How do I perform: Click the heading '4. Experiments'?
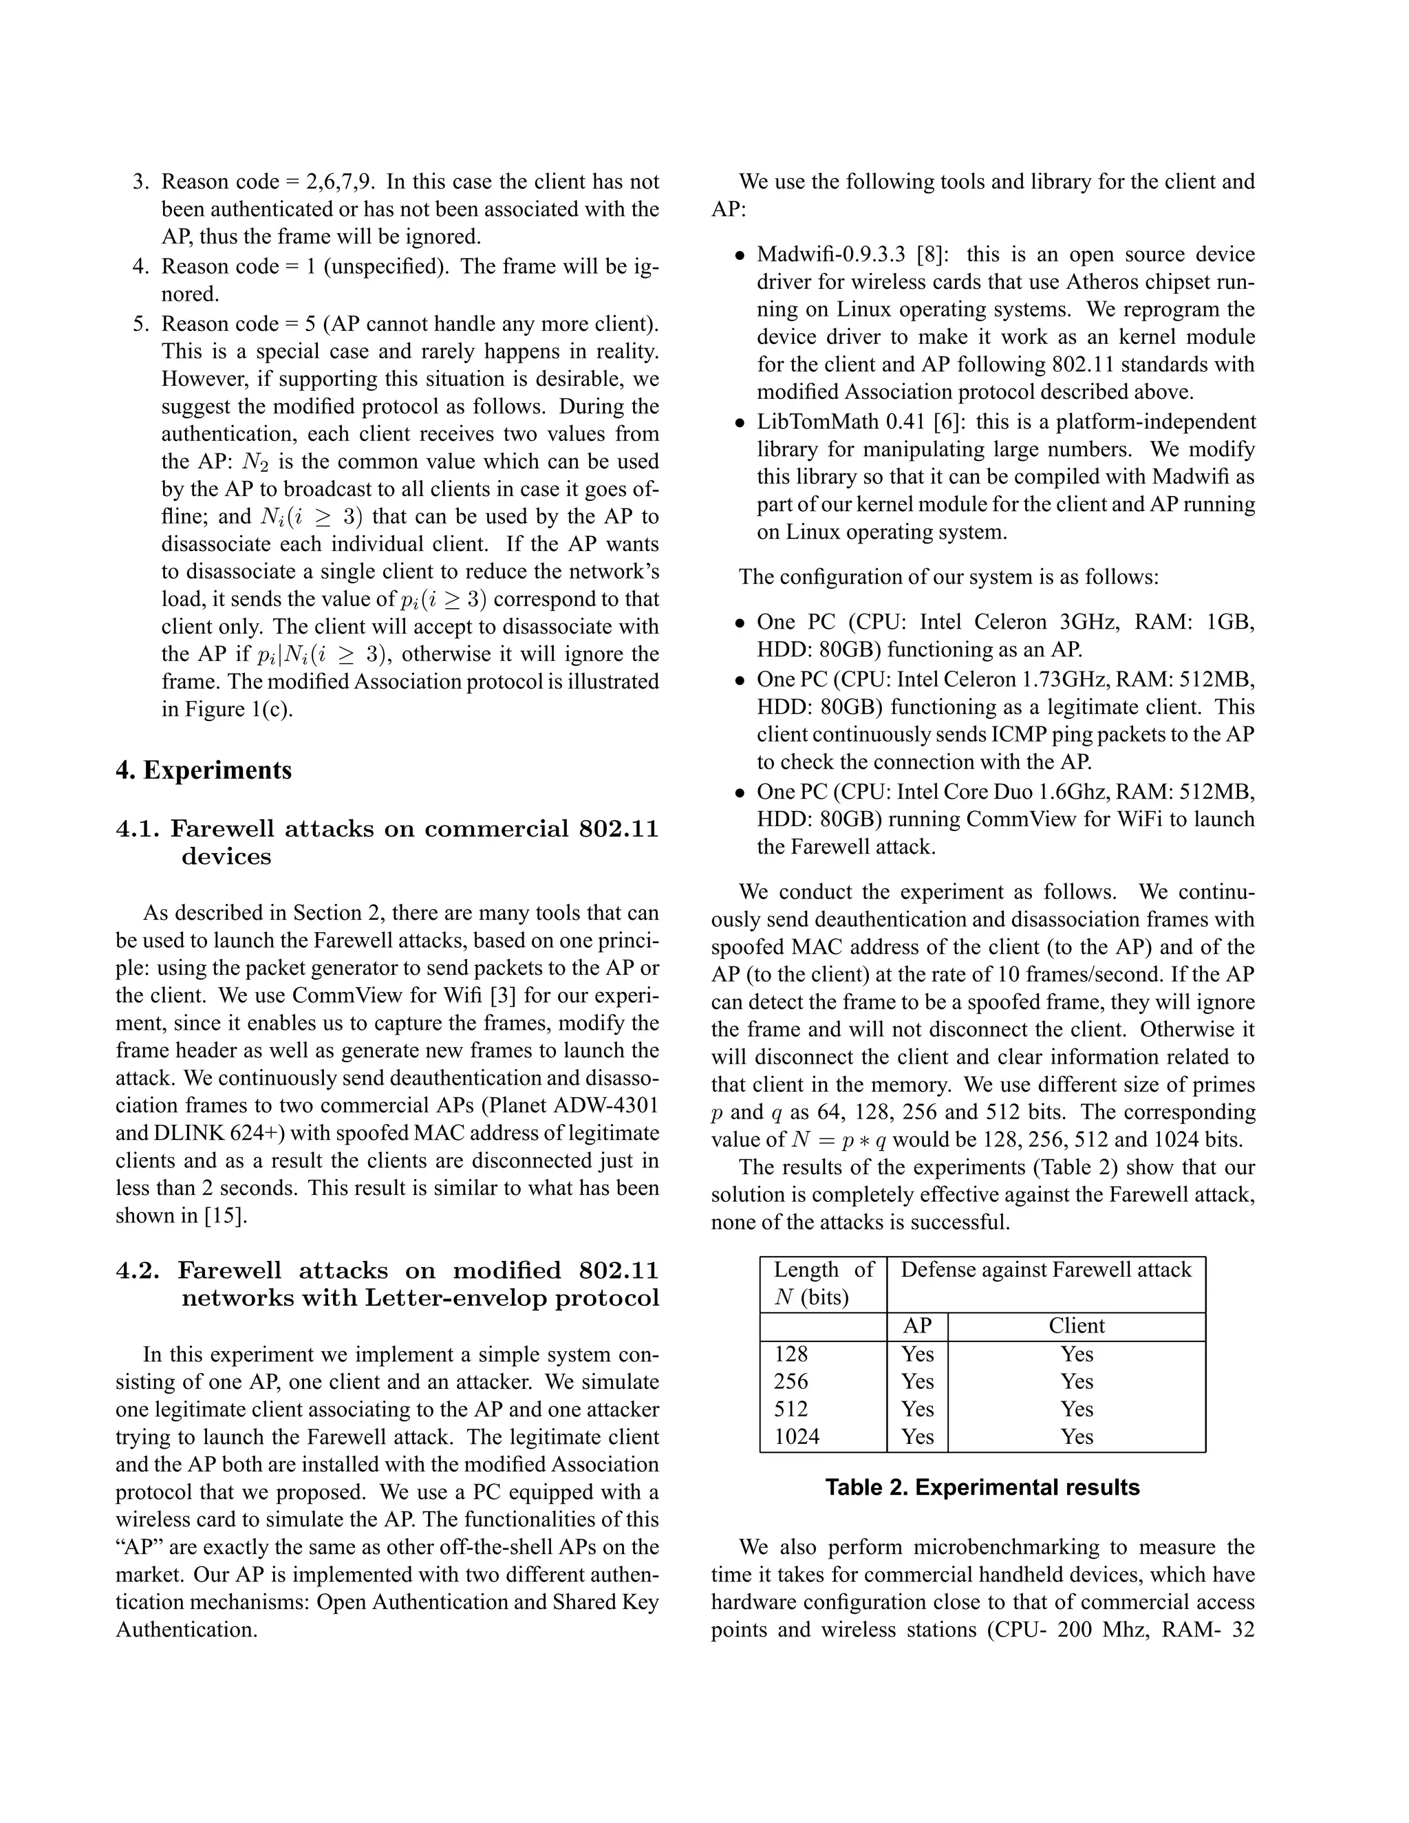coord(204,770)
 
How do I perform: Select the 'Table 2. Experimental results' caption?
coord(982,1487)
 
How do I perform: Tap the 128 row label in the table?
coord(790,1354)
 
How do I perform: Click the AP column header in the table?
coord(916,1326)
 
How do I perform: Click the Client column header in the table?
coord(1077,1326)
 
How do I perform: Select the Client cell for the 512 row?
coord(1077,1409)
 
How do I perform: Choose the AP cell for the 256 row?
coord(916,1381)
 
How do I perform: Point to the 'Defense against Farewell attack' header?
coord(1046,1270)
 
